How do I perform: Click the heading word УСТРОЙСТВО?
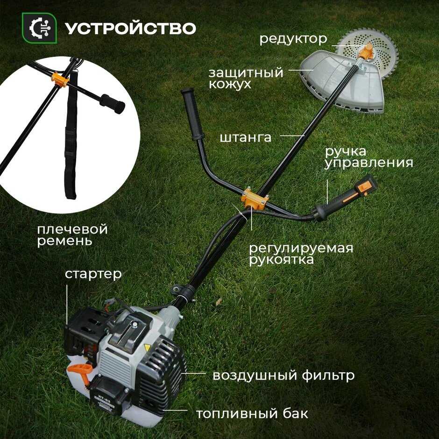click(130, 28)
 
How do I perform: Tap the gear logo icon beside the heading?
click(40, 28)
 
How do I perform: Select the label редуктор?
click(293, 39)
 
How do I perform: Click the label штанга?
click(246, 137)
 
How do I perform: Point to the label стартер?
click(93, 275)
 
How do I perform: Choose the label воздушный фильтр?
click(283, 375)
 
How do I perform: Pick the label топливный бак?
click(252, 413)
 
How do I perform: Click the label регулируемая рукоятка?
click(301, 254)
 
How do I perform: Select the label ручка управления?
click(369, 157)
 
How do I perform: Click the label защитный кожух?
click(246, 78)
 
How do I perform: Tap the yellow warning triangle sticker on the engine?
click(147, 348)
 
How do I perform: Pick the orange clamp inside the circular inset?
click(60, 80)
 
